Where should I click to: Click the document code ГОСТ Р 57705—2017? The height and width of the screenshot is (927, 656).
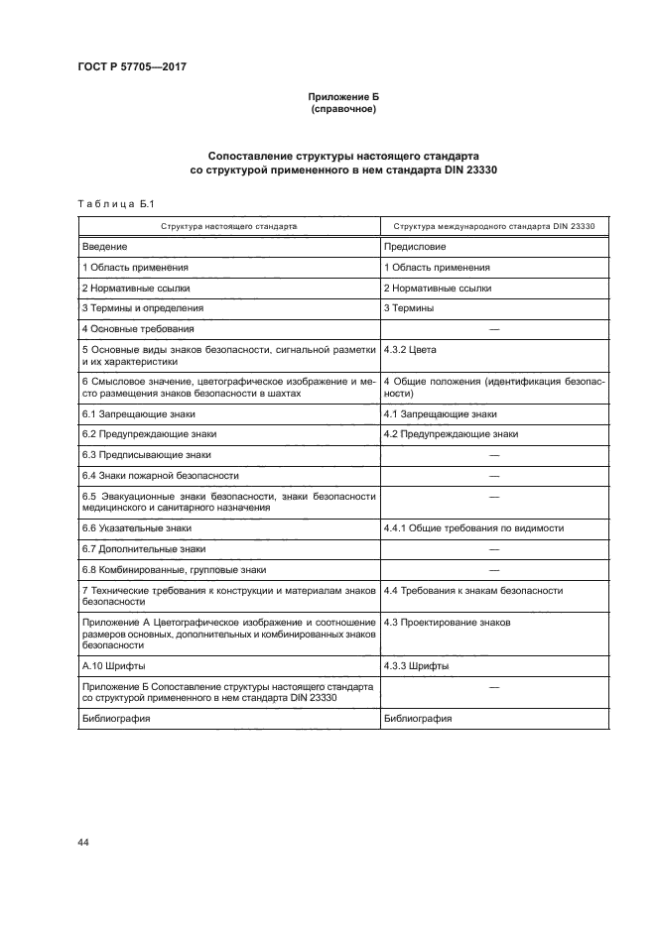coord(132,66)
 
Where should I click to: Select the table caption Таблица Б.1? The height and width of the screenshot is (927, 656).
coord(112,204)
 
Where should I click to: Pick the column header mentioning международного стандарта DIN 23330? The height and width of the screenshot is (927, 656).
coord(493,226)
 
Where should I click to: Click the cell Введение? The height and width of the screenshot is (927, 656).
coord(104,247)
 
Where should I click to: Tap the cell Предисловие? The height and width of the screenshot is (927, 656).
coord(415,247)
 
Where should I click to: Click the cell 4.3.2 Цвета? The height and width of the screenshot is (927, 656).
coord(410,350)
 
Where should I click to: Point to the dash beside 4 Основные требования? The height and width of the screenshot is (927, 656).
coord(493,328)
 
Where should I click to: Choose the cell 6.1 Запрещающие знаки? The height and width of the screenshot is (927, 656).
coord(139,413)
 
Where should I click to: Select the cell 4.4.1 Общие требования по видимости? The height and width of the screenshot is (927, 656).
coord(473,528)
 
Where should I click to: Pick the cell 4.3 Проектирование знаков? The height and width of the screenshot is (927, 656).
coord(447,622)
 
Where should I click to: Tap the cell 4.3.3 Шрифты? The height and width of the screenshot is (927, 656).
coord(415,666)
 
